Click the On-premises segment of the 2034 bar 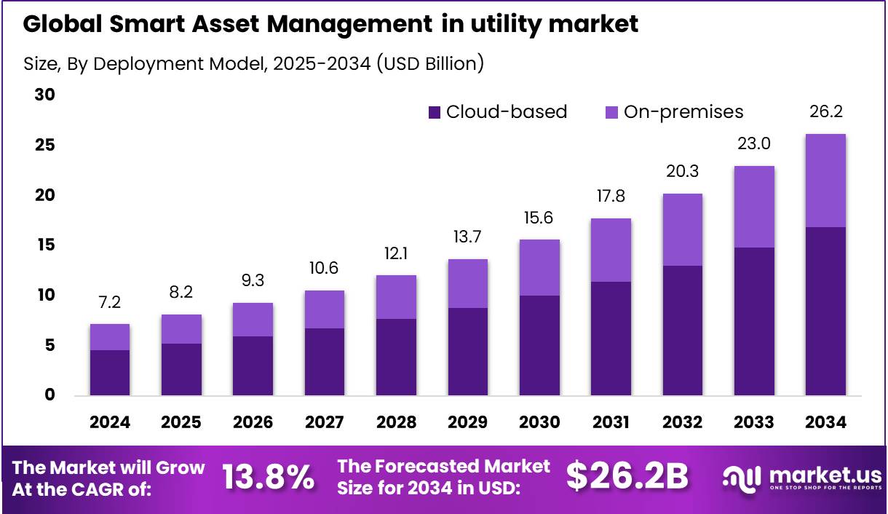point(825,181)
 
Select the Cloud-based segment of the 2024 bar point(109,373)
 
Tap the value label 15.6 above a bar point(539,217)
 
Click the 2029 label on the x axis point(467,422)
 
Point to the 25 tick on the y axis point(45,146)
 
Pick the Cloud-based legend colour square point(435,112)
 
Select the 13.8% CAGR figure point(268,478)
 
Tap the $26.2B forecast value point(627,476)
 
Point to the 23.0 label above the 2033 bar point(754,144)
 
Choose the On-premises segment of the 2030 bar point(539,267)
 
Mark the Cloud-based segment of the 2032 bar point(682,331)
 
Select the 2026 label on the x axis point(253,422)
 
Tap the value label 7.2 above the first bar point(109,301)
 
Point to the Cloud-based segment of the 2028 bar point(396,357)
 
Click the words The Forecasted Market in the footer point(444,465)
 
